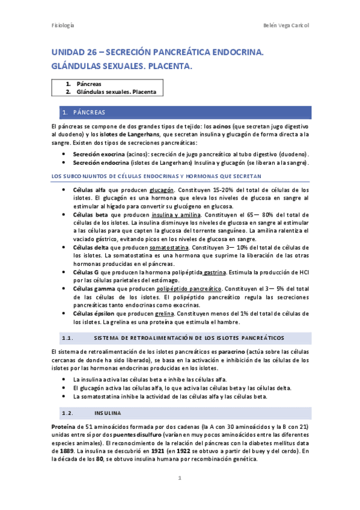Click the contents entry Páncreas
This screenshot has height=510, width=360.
[89, 84]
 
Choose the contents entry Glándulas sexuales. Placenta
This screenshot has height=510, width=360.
[116, 92]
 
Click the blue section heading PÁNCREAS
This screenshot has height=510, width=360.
[89, 112]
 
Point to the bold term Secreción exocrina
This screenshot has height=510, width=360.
[94, 154]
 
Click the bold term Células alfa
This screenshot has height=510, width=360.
[89, 190]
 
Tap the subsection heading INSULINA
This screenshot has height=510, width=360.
[108, 414]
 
